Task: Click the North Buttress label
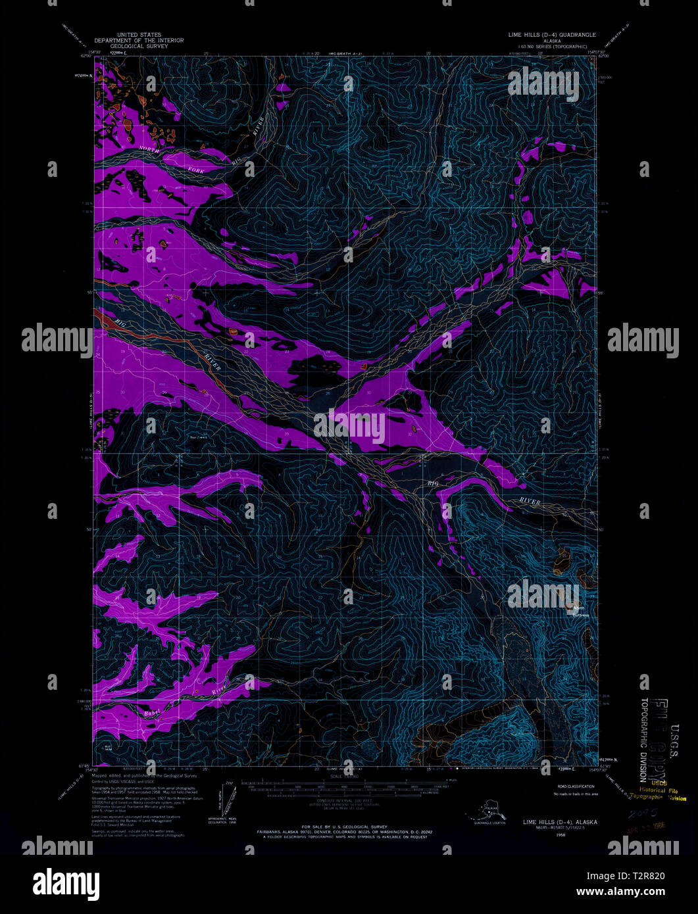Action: [x=580, y=612]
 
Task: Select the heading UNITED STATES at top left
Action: [x=139, y=34]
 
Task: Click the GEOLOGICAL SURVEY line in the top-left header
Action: [x=139, y=46]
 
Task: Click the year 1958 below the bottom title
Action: [x=560, y=834]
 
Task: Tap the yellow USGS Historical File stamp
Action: [x=658, y=790]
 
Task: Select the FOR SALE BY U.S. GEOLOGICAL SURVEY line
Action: [x=344, y=826]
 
